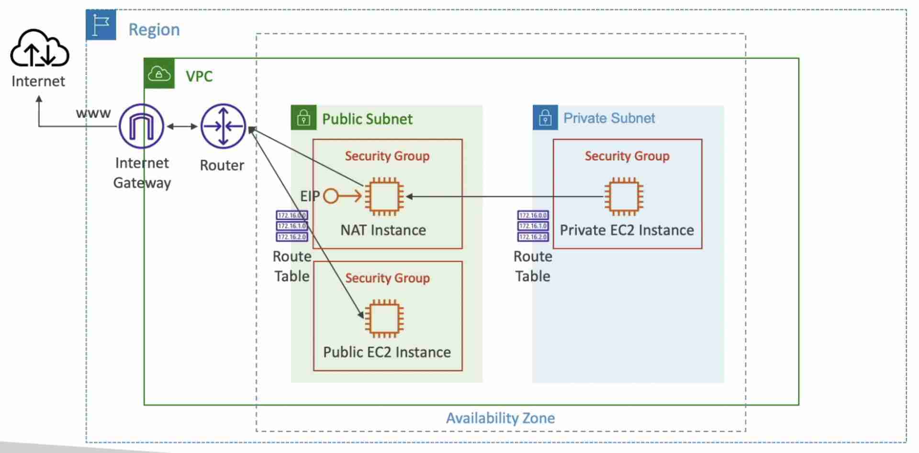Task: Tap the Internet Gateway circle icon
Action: (x=141, y=126)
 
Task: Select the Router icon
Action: (x=223, y=126)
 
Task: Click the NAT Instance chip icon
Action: (x=384, y=196)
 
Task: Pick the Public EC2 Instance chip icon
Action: (x=384, y=318)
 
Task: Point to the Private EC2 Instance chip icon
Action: (x=624, y=196)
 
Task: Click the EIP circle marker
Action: (x=331, y=196)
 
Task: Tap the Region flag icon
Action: (x=101, y=25)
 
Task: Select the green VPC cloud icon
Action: (x=159, y=74)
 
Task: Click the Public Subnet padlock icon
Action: (x=303, y=118)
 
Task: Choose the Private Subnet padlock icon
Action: (x=545, y=118)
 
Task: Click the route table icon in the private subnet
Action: (x=533, y=226)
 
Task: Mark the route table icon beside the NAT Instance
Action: (x=291, y=226)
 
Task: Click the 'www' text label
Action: (x=93, y=113)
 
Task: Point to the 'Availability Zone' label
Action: (x=500, y=418)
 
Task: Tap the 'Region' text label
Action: (x=154, y=30)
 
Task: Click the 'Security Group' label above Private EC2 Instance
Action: (x=627, y=156)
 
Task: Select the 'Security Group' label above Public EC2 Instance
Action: (x=387, y=278)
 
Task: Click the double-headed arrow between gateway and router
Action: (x=182, y=126)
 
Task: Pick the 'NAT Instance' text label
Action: (x=383, y=230)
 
